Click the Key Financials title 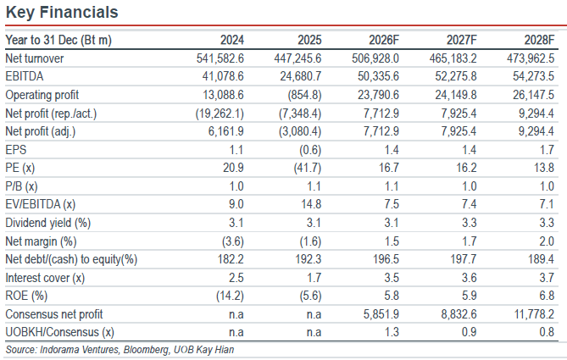point(62,13)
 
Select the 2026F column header point(384,40)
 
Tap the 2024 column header point(232,40)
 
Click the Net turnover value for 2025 point(297,58)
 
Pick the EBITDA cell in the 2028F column point(533,76)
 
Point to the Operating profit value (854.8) point(304,95)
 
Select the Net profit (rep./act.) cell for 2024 point(220,114)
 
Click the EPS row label point(16,150)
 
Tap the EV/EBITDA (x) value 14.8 point(311,204)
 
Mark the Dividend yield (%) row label point(48,223)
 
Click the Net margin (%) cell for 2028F point(547,241)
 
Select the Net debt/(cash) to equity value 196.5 point(386,259)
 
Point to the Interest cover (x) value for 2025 point(314,278)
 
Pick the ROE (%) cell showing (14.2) point(230,296)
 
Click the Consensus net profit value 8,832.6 point(459,314)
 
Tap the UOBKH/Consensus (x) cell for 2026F point(392,332)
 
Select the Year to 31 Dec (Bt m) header point(58,40)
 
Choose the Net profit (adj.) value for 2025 point(300,131)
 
